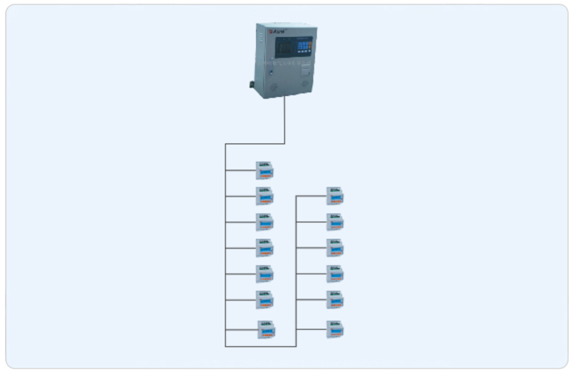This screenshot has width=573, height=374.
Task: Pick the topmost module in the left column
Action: coord(265,170)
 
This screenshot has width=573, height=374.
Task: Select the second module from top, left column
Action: coord(265,196)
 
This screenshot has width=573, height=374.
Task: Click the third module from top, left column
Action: coord(265,222)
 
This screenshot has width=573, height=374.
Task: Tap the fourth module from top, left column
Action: coord(265,248)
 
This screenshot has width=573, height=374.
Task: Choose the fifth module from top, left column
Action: coord(265,274)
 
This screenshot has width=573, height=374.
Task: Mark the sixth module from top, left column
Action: coord(265,299)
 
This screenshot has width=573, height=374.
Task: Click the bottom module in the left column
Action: coord(266,329)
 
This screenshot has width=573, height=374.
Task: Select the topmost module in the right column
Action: coord(335,196)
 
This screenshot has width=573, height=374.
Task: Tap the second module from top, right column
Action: coord(335,222)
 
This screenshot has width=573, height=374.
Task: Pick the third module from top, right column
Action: coord(335,248)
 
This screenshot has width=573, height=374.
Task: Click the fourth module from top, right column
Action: coord(335,274)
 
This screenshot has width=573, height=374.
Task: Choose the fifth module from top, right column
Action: coord(335,299)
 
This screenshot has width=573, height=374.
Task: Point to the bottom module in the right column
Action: coord(335,329)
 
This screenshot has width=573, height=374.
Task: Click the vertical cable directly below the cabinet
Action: coord(285,121)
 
